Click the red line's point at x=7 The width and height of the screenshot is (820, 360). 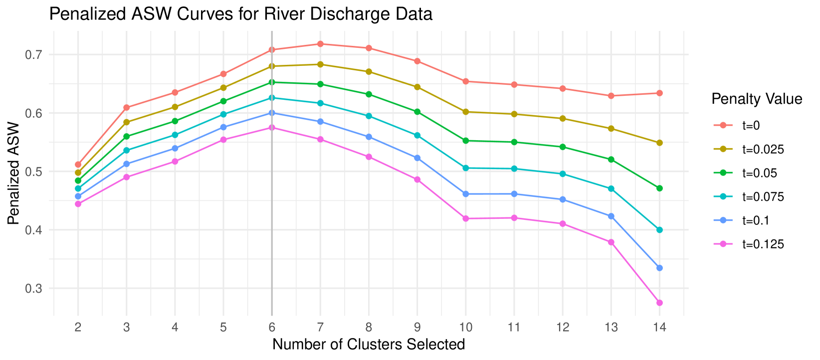320,44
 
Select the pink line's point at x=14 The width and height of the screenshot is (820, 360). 659,303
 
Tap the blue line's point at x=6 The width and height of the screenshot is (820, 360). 272,113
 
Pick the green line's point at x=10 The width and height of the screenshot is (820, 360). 466,141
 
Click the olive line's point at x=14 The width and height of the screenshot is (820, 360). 659,143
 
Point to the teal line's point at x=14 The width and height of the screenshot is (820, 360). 659,230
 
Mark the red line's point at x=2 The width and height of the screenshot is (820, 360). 78,164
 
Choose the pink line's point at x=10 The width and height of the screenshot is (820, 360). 466,218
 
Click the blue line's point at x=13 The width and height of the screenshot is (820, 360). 611,216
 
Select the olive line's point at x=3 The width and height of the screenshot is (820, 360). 126,122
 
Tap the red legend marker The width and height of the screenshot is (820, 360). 723,125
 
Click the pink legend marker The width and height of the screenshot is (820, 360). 723,244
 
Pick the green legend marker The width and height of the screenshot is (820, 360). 723,173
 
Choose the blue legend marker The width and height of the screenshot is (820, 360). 723,220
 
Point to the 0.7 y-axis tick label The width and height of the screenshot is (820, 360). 33,55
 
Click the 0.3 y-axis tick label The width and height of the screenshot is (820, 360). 33,289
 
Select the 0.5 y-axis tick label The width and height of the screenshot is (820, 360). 33,172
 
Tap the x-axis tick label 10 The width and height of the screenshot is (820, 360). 466,328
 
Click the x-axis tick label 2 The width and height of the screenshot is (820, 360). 78,328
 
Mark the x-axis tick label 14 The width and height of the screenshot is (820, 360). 659,328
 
